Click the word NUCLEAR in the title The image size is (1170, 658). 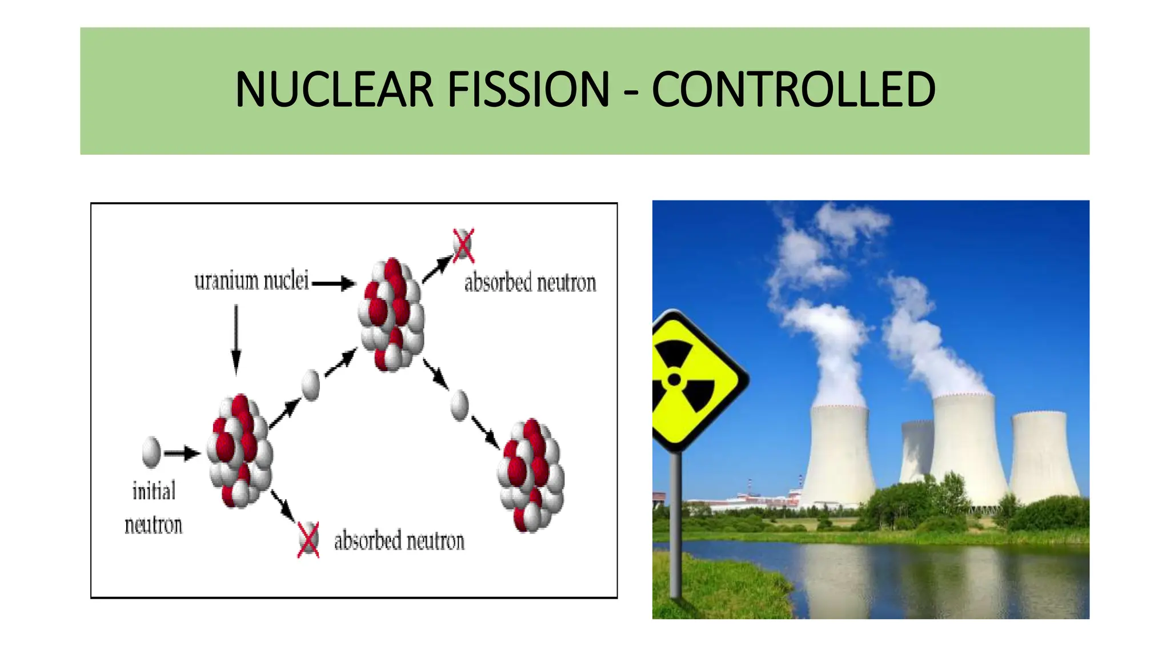click(334, 90)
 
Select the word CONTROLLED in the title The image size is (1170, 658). click(793, 90)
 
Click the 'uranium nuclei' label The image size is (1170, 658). click(251, 281)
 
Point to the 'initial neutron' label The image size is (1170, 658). click(154, 508)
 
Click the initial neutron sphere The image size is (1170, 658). click(151, 452)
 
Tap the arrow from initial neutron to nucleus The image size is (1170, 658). click(182, 454)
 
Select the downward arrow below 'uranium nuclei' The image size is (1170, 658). click(236, 339)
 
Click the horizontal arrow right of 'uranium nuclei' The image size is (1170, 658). click(334, 283)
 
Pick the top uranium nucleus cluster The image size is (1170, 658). click(391, 314)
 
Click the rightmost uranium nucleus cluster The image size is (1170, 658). click(531, 475)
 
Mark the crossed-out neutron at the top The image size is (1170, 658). click(463, 246)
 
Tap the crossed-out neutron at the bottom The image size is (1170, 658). click(308, 539)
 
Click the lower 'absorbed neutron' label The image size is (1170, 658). click(399, 541)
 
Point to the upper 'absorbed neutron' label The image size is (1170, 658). click(530, 283)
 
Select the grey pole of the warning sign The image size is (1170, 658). click(675, 525)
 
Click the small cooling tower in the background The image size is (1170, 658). click(916, 451)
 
